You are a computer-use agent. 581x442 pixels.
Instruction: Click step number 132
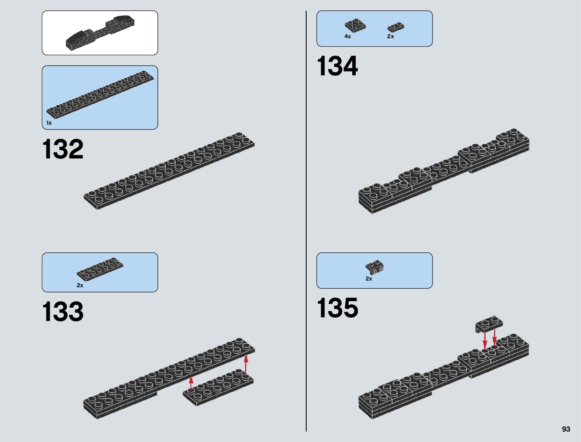pyautogui.click(x=63, y=150)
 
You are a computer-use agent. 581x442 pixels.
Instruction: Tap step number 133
pyautogui.click(x=63, y=312)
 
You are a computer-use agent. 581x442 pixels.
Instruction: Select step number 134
pyautogui.click(x=337, y=66)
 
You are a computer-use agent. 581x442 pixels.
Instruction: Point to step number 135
pyautogui.click(x=337, y=308)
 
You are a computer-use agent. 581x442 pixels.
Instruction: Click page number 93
pyautogui.click(x=566, y=429)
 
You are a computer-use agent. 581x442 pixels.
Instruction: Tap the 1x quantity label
pyautogui.click(x=49, y=123)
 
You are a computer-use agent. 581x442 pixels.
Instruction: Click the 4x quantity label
pyautogui.click(x=347, y=36)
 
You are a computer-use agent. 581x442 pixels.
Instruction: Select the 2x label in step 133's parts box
pyautogui.click(x=80, y=285)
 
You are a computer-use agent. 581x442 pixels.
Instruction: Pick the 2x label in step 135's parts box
pyautogui.click(x=369, y=279)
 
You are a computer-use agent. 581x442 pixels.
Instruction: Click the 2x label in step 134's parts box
pyautogui.click(x=391, y=36)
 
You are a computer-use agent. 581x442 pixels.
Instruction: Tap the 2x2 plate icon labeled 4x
pyautogui.click(x=355, y=25)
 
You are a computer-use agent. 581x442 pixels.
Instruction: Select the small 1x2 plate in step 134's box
pyautogui.click(x=396, y=27)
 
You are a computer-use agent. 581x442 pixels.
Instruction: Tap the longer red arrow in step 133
pyautogui.click(x=246, y=365)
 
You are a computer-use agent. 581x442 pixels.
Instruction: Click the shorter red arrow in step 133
pyautogui.click(x=191, y=384)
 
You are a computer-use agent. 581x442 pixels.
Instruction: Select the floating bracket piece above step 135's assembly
pyautogui.click(x=489, y=324)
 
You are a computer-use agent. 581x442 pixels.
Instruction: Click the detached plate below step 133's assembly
pyautogui.click(x=218, y=388)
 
